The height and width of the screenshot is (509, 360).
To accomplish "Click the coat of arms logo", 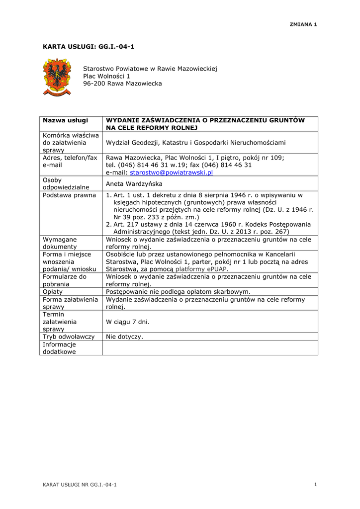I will click(57, 77).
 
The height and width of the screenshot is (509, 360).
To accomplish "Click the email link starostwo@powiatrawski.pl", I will click(171, 172).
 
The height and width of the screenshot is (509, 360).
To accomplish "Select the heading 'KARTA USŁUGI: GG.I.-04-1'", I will click(89, 47).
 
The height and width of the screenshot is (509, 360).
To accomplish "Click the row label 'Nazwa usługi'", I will click(65, 120).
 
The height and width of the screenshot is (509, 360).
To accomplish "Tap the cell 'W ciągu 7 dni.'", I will click(128, 322).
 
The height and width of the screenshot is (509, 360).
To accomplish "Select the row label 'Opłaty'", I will click(53, 292).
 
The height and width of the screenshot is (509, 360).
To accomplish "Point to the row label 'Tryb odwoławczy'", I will click(69, 337).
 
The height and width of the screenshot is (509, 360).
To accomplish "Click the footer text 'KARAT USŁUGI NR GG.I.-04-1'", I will click(80, 485).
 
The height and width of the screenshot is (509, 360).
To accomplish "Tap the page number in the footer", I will click(316, 485).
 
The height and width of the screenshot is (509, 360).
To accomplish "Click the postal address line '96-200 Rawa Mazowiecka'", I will click(122, 84).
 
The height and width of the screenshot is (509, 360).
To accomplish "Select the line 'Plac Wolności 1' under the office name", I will click(106, 76).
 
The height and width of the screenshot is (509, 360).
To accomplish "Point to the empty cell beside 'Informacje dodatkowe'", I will click(210, 347).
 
